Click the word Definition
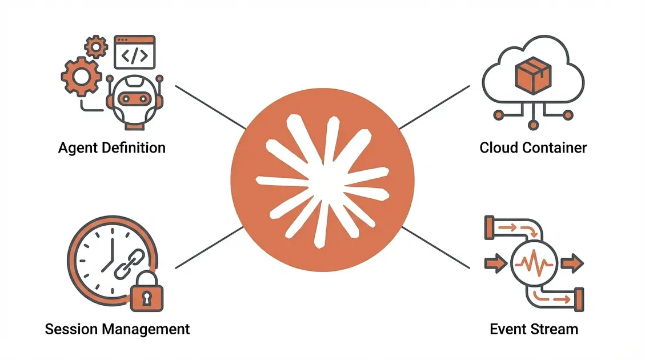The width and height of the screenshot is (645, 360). [x=135, y=148]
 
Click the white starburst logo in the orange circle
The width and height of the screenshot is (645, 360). [x=322, y=180]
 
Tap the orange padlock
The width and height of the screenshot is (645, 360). [x=146, y=295]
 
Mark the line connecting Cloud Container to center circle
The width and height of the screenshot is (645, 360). [x=434, y=107]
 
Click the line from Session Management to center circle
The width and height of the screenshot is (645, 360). [x=209, y=247]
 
